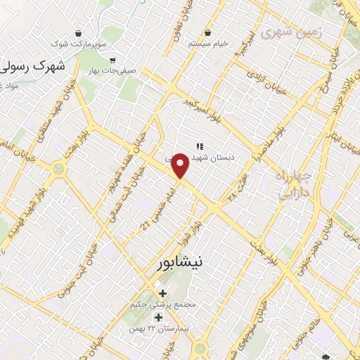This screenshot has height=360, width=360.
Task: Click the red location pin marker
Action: click(181, 165)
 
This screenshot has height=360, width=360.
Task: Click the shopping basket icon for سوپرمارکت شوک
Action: click(77, 33)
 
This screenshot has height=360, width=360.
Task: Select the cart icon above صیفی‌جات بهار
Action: click(112, 59)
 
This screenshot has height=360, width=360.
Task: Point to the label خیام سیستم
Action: click(208, 44)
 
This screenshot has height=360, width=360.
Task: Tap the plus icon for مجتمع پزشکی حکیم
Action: click(163, 292)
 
